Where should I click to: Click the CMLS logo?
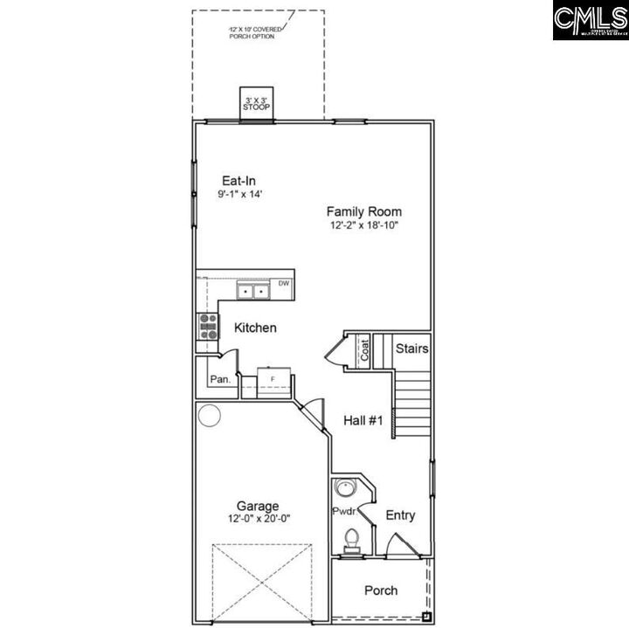tap(590, 20)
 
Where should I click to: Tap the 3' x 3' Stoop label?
tap(257, 104)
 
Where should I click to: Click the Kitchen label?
tap(255, 328)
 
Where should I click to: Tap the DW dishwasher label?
tap(284, 284)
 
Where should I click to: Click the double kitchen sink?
tap(254, 291)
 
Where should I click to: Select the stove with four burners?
tap(209, 327)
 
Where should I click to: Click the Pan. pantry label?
tap(219, 379)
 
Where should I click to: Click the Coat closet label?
tap(364, 349)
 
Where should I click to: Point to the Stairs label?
tap(411, 349)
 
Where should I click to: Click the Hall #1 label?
tap(363, 420)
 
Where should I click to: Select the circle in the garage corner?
tap(210, 415)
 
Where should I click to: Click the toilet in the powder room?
tap(351, 539)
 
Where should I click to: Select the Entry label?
tap(400, 515)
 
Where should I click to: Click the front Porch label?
tap(381, 590)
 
